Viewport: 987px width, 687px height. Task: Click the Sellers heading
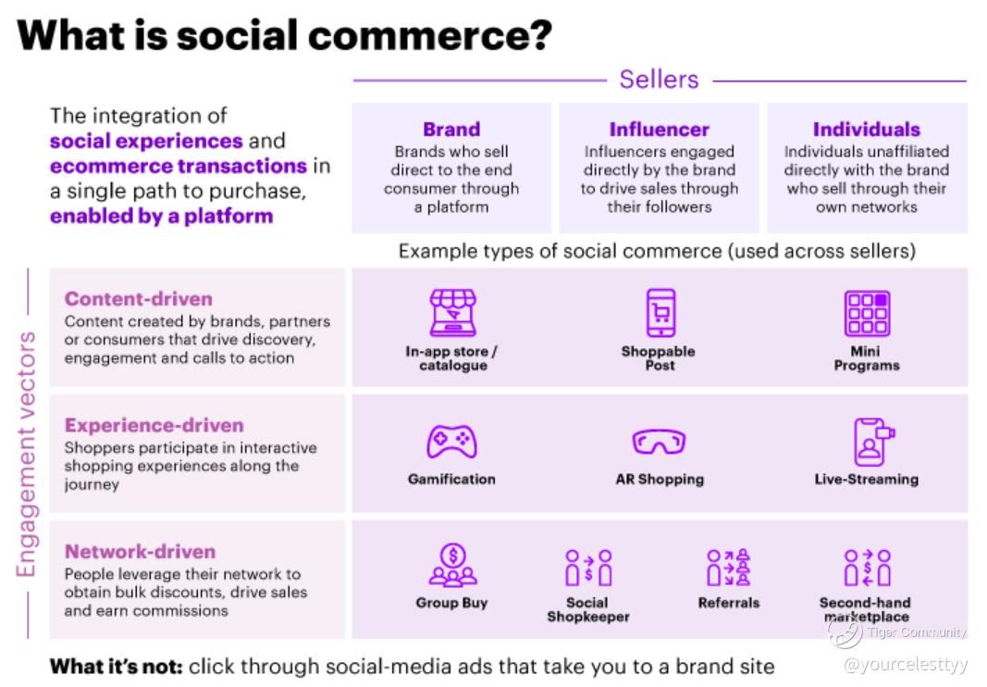(x=659, y=80)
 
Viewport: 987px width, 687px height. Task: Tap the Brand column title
(x=451, y=130)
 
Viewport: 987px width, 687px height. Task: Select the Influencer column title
(x=659, y=130)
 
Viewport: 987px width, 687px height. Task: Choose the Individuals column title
(x=866, y=130)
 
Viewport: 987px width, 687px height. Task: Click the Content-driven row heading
(x=139, y=299)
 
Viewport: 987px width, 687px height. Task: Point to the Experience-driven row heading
(x=154, y=425)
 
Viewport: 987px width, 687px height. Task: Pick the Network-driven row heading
(x=140, y=552)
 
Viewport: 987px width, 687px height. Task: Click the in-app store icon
(x=452, y=313)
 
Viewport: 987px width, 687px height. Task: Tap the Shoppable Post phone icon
(x=660, y=313)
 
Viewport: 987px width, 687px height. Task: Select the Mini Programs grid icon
(x=867, y=313)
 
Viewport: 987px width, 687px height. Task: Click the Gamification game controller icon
(x=451, y=442)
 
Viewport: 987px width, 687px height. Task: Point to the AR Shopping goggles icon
(x=659, y=442)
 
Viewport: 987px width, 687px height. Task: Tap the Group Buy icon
(x=452, y=565)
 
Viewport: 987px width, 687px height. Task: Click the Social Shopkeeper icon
(x=588, y=568)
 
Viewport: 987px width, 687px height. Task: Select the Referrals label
(x=728, y=603)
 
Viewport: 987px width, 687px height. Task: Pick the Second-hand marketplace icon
(x=867, y=568)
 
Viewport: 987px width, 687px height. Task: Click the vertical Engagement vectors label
(x=26, y=454)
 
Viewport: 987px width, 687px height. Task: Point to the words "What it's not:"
(x=117, y=667)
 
